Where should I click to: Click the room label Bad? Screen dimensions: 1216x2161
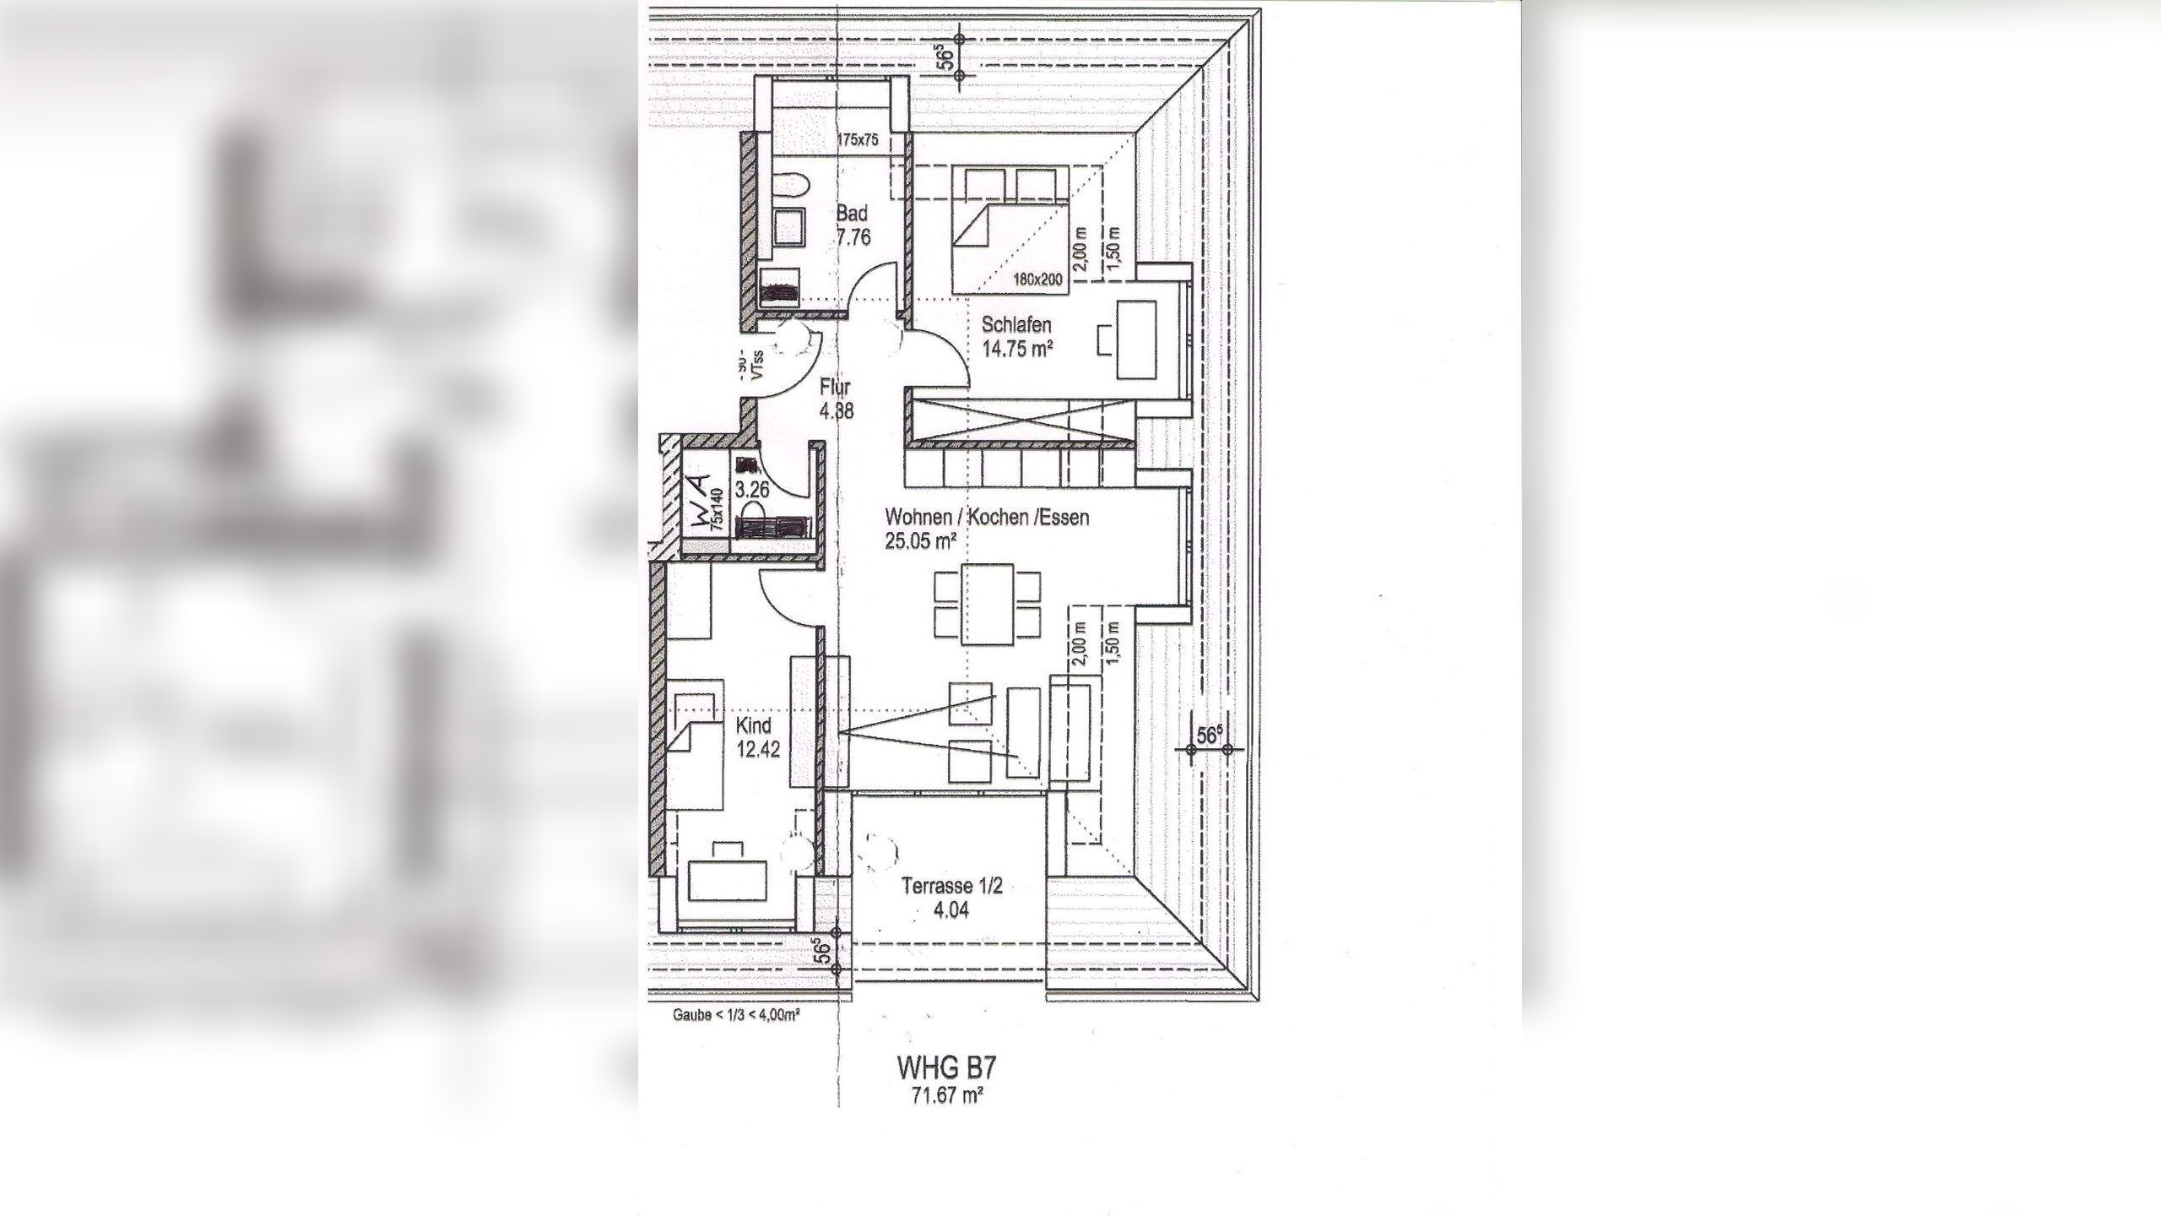852,214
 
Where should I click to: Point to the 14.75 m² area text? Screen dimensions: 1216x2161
1017,348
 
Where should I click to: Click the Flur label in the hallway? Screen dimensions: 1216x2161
835,389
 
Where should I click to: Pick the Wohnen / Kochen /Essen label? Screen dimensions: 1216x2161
987,517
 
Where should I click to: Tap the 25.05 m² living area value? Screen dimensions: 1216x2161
920,541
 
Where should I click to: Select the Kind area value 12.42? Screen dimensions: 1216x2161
757,749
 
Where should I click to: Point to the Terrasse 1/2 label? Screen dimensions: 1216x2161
951,887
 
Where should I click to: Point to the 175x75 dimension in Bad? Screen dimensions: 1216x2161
858,139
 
